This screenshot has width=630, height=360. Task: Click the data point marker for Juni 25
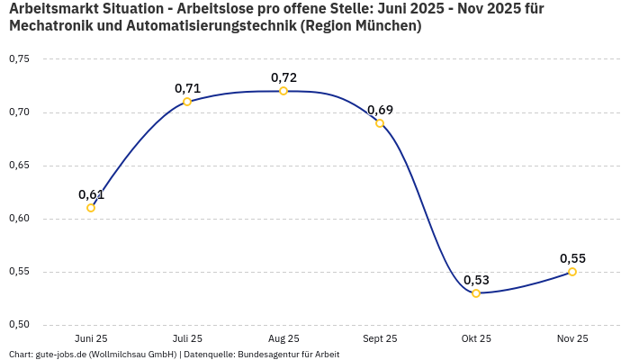point(91,208)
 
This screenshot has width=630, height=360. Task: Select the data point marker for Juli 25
point(187,102)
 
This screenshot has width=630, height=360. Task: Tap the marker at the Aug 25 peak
point(283,91)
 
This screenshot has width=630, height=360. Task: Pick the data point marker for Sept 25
point(380,123)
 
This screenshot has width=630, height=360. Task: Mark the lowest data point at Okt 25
point(476,293)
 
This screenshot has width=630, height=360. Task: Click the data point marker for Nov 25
point(572,272)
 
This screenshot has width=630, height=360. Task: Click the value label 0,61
point(91,194)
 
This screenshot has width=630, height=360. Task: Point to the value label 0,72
point(283,77)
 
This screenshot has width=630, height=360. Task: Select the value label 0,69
point(380,110)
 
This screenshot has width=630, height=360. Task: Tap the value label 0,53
point(476,280)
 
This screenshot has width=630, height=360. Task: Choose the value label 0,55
point(572,258)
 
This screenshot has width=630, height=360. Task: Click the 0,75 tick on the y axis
point(19,59)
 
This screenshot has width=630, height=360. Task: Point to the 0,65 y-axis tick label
point(19,166)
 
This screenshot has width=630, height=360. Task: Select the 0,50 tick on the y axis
point(19,325)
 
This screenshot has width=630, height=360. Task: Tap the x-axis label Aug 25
point(283,339)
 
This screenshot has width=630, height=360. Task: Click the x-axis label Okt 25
point(476,339)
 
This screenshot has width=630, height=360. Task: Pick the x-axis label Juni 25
point(91,339)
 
